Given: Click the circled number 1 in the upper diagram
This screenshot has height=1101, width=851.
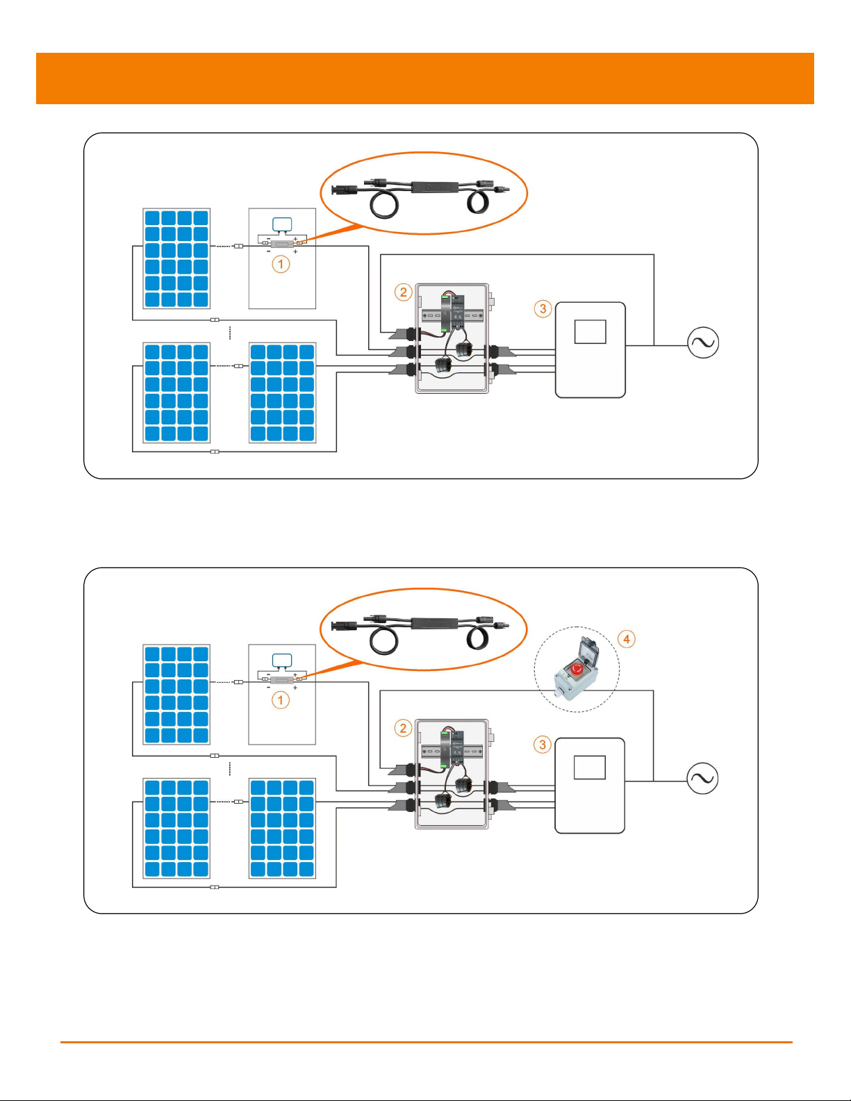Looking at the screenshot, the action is [x=281, y=264].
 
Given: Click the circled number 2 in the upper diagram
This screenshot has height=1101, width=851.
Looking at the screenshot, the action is [x=403, y=292].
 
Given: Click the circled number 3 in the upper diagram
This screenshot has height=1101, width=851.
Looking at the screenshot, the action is [x=543, y=308].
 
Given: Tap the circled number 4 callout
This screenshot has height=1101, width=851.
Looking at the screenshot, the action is [x=627, y=639].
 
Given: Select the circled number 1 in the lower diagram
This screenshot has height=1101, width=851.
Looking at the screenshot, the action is [x=280, y=700].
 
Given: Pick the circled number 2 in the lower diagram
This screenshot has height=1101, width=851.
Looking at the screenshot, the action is [x=403, y=728].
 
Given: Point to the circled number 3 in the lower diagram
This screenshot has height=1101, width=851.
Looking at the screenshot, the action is [x=543, y=744].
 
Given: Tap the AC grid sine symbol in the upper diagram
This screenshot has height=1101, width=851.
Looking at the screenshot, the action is [x=703, y=342].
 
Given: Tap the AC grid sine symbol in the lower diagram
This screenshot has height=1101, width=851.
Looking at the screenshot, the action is [x=702, y=778].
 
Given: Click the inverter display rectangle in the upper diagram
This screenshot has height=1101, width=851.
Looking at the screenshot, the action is [x=590, y=332].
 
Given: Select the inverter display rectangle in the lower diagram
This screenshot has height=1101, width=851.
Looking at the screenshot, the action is [x=590, y=768].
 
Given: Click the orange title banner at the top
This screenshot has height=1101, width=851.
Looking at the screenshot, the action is [x=425, y=78].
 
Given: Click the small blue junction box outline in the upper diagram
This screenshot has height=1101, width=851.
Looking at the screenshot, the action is [x=282, y=224].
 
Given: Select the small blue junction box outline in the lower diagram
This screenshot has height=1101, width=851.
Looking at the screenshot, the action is [x=282, y=660].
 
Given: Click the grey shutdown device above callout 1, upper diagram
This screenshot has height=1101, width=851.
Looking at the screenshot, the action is [x=282, y=245].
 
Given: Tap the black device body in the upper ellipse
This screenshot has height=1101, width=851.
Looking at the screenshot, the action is [x=435, y=188].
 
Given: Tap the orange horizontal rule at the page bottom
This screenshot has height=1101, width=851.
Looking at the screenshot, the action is [x=427, y=1038].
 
